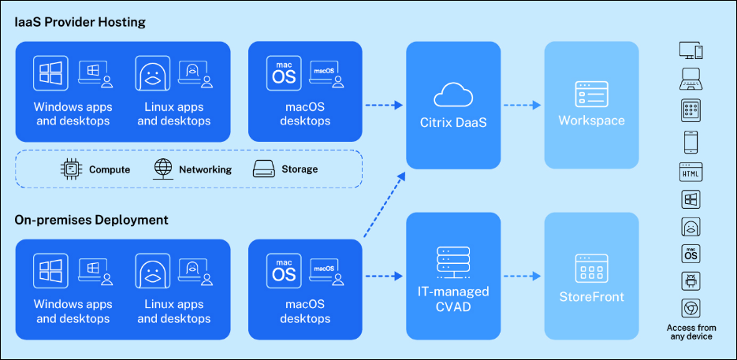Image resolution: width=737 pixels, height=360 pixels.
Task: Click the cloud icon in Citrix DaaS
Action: click(453, 95)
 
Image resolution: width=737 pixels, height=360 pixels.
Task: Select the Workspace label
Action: click(591, 121)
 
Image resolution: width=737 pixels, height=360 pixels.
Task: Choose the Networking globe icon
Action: click(163, 169)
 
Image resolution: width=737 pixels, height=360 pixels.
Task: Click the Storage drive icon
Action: click(263, 169)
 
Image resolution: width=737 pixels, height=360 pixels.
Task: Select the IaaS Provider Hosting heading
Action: click(80, 22)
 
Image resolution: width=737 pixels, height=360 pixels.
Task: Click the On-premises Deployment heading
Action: click(91, 220)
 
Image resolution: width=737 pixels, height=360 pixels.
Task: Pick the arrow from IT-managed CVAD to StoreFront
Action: click(522, 276)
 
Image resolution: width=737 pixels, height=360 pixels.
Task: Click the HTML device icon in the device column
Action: click(690, 172)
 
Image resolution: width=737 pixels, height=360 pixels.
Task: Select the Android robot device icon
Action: click(690, 280)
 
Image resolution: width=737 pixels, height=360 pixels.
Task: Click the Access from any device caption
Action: click(690, 332)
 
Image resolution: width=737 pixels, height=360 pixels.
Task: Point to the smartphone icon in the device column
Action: click(690, 142)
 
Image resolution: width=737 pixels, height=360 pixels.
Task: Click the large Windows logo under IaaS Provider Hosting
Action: click(50, 73)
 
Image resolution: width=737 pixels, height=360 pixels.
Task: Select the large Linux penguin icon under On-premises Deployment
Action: click(152, 270)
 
